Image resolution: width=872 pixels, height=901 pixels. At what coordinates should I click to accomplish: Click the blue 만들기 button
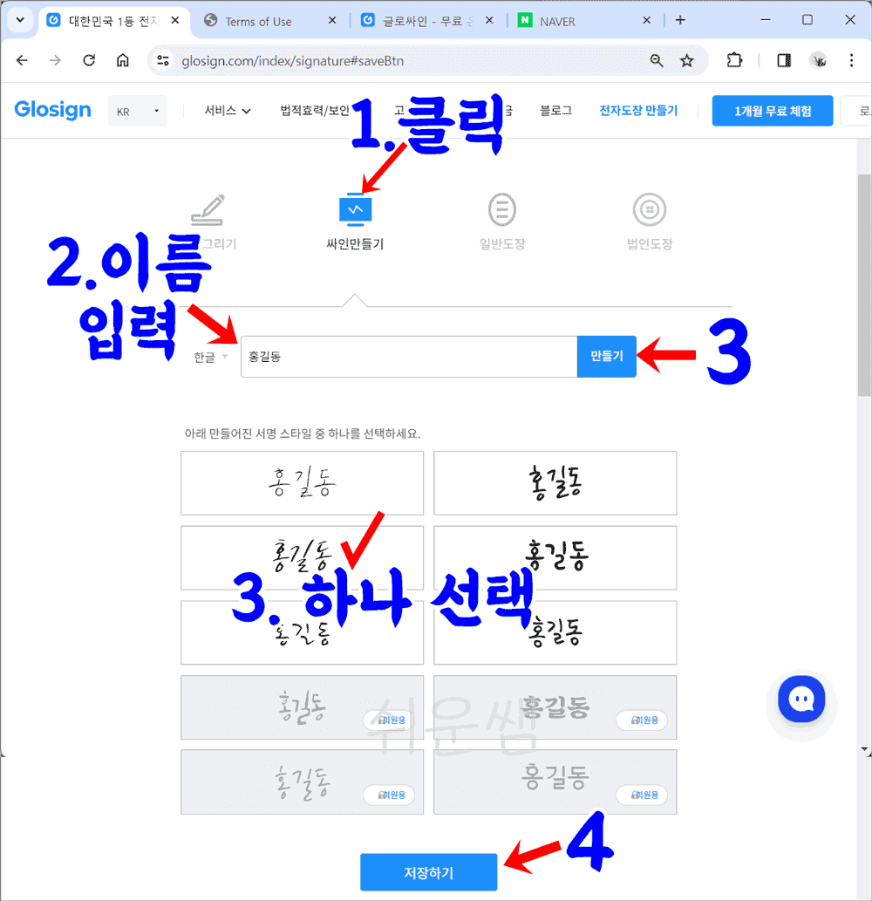(x=606, y=357)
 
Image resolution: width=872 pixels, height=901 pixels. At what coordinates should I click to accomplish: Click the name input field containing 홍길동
(x=408, y=357)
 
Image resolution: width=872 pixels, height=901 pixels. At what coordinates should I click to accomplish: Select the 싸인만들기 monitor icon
(x=355, y=210)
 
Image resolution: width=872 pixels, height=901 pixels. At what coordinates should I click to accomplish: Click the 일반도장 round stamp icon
(x=502, y=210)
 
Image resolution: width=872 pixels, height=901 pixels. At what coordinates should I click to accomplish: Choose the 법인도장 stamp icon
(x=650, y=210)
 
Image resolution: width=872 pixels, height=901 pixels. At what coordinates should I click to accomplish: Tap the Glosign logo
(x=52, y=110)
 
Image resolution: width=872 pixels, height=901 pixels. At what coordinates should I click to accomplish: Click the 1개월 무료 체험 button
(x=773, y=111)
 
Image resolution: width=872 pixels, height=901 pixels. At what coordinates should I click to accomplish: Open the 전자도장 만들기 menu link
(x=638, y=111)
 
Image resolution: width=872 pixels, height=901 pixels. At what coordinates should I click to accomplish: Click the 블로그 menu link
(x=555, y=111)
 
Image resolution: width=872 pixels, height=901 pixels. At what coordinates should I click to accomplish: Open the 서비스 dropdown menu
(x=228, y=111)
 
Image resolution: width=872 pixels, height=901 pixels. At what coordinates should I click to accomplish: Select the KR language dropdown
(x=138, y=112)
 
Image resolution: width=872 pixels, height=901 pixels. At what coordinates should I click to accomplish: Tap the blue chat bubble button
(x=800, y=700)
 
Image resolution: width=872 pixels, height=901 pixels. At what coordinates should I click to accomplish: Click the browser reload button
(x=89, y=60)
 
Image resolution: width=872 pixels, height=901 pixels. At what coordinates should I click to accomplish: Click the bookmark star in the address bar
(x=687, y=60)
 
